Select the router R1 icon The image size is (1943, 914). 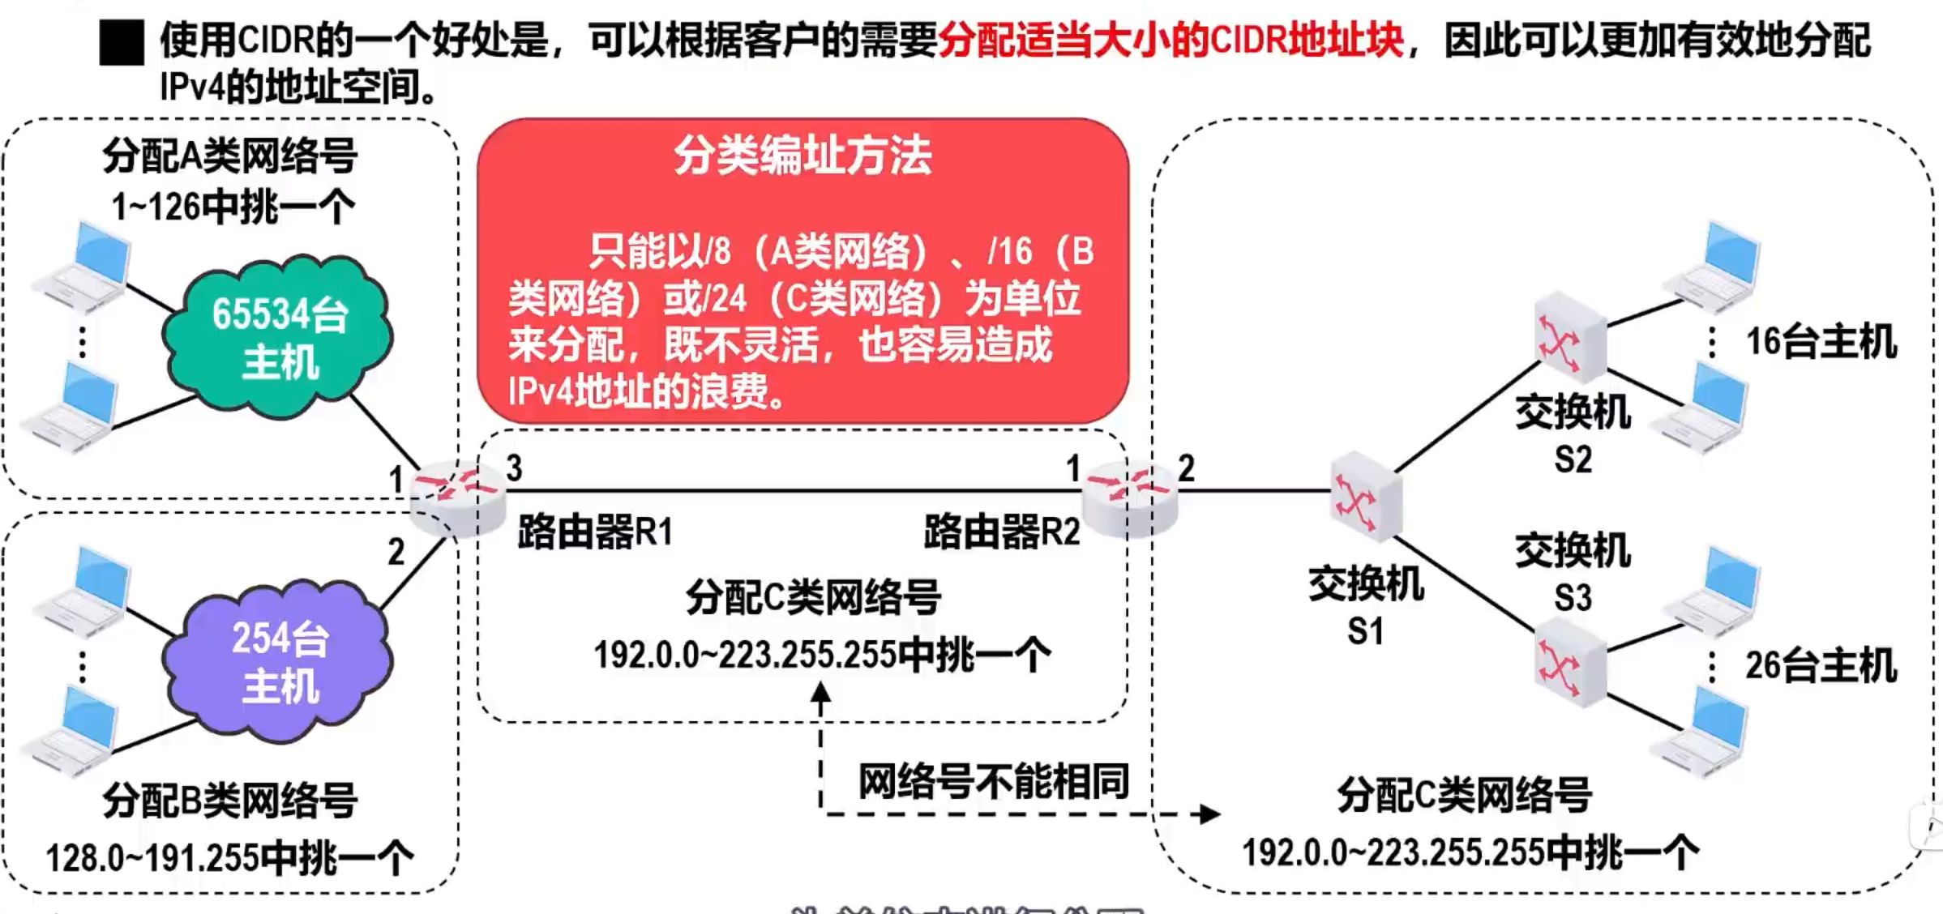tap(456, 497)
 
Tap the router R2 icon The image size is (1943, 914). tap(1129, 497)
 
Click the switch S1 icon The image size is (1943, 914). tap(1365, 497)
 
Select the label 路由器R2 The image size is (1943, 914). tap(1002, 532)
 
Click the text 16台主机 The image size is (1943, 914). tap(1821, 342)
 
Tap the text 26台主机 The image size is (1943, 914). tap(1821, 666)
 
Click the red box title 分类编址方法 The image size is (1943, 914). tap(802, 156)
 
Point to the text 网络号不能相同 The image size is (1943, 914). tap(994, 782)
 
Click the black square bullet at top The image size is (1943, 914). tap(122, 43)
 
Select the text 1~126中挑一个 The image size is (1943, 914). tap(233, 207)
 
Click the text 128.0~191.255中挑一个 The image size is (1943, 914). tap(230, 857)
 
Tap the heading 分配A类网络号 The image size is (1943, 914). tap(230, 156)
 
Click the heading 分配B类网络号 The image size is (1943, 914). tap(230, 801)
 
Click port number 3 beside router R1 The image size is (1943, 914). tap(514, 468)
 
